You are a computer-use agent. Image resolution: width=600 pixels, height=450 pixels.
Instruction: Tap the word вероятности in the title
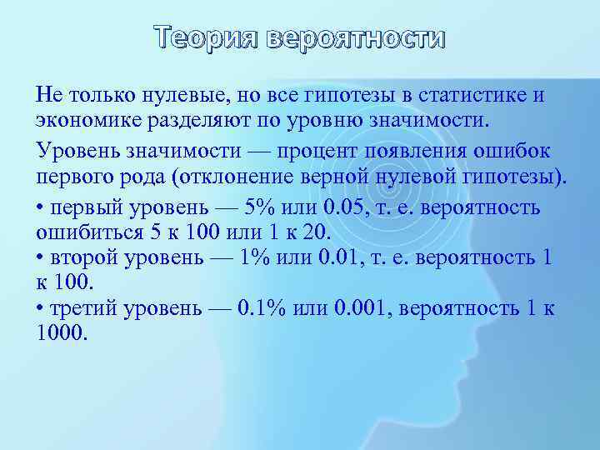pyautogui.click(x=357, y=39)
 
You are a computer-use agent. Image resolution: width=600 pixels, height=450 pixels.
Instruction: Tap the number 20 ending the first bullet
pyautogui.click(x=317, y=230)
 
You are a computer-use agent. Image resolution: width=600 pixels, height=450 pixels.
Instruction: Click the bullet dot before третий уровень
pyautogui.click(x=41, y=309)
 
